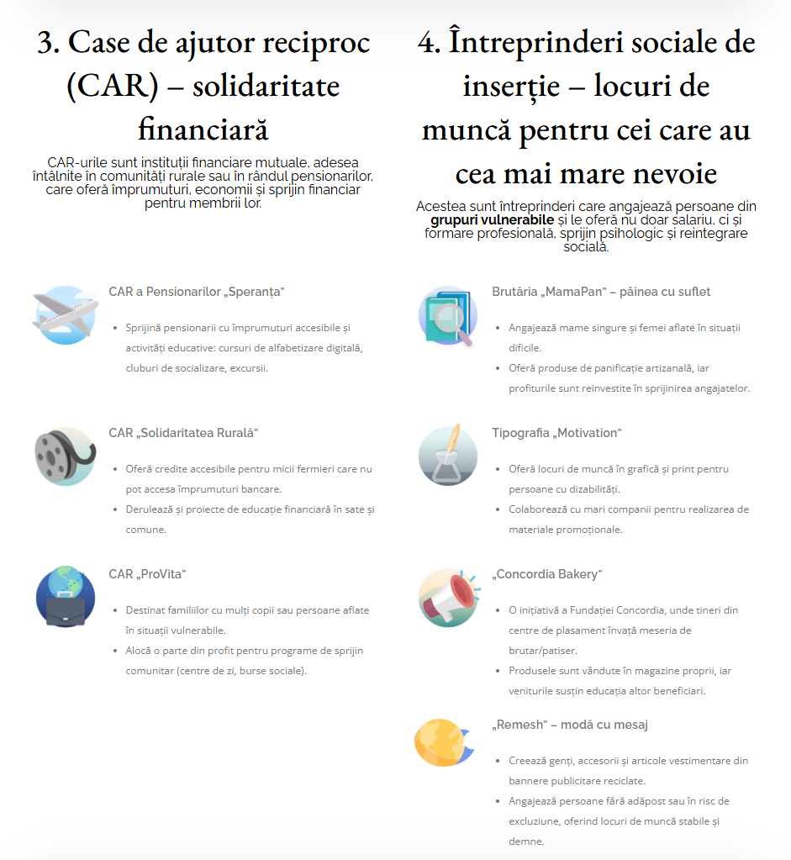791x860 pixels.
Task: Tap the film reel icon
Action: click(65, 456)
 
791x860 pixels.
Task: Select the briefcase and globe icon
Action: click(65, 597)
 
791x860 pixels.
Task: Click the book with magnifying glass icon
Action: click(448, 315)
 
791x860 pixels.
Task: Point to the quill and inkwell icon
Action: click(448, 456)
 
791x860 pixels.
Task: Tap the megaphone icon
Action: click(448, 597)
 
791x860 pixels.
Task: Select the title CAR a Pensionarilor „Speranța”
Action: click(197, 292)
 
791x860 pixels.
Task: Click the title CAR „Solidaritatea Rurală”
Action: click(183, 433)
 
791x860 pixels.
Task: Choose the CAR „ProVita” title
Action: click(147, 574)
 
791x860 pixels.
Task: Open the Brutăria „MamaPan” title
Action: click(601, 292)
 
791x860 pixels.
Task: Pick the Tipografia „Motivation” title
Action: click(556, 433)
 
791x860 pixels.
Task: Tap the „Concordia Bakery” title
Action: click(547, 574)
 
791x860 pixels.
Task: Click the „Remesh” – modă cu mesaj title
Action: click(570, 725)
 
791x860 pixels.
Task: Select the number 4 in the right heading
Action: click(429, 43)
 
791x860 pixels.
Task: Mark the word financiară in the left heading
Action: click(203, 130)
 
